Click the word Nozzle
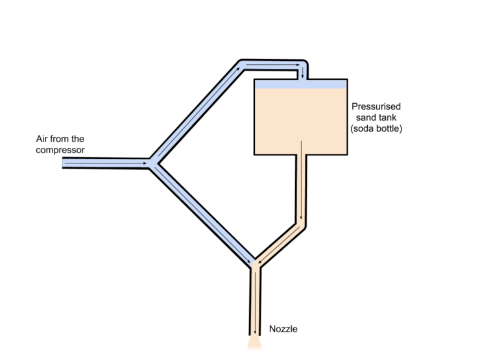tap(283, 329)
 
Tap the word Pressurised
tap(376, 106)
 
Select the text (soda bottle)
tap(376, 128)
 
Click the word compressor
tap(60, 150)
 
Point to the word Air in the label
tap(42, 139)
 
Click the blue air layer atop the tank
tap(300, 84)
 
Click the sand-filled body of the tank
tap(300, 121)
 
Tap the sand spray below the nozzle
tap(255, 343)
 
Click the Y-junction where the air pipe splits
tap(153, 163)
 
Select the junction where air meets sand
tap(256, 264)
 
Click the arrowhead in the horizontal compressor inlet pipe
tap(145, 163)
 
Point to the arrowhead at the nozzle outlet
tap(255, 332)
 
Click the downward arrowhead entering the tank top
tap(302, 75)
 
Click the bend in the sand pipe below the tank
tap(301, 226)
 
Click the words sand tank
tap(376, 117)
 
